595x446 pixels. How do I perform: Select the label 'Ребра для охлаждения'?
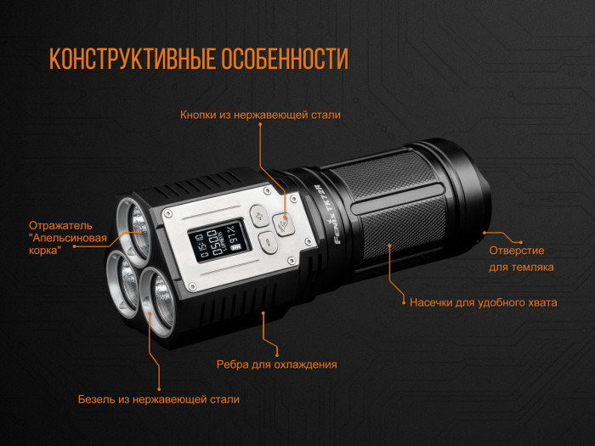click(277, 364)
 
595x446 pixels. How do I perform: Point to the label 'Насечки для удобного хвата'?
click(483, 302)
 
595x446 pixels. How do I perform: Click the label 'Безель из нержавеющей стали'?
click(159, 399)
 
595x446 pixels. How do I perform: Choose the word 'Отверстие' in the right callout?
click(516, 251)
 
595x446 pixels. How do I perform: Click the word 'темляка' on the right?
click(535, 268)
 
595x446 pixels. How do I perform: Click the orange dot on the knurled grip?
click(391, 246)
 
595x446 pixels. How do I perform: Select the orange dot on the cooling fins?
click(263, 315)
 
